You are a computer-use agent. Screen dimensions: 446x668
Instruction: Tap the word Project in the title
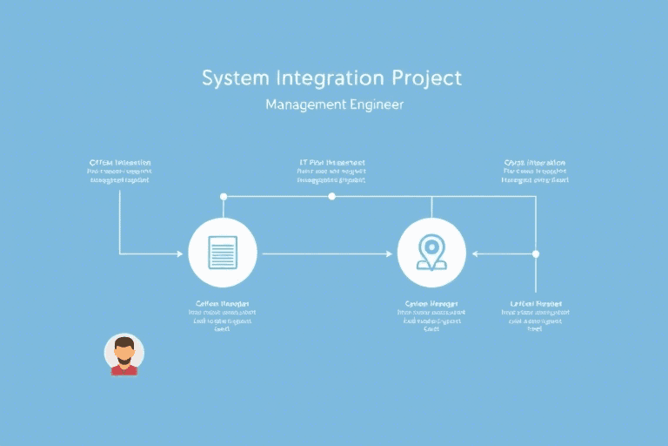click(x=426, y=78)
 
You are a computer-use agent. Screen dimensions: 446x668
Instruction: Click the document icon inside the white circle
click(x=223, y=253)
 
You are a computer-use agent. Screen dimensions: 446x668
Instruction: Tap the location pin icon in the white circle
click(x=431, y=252)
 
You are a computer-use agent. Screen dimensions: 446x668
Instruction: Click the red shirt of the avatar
click(x=124, y=370)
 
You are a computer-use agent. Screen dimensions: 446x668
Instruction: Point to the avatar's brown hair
click(x=124, y=341)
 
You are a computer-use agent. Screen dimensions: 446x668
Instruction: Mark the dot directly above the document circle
click(x=224, y=197)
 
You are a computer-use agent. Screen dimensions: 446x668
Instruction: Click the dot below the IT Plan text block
click(x=331, y=197)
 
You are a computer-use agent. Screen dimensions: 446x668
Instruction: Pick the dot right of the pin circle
click(x=536, y=253)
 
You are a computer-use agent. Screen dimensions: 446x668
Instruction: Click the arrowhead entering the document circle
click(x=184, y=253)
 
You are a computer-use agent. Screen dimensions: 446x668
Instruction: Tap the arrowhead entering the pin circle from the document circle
click(x=388, y=253)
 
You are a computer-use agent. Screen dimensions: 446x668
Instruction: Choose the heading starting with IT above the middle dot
click(x=331, y=163)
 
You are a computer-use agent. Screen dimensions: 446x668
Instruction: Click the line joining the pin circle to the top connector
click(x=431, y=207)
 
